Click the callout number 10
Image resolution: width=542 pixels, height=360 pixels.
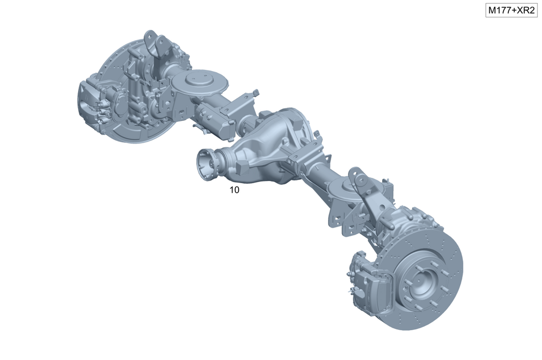(234, 190)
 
